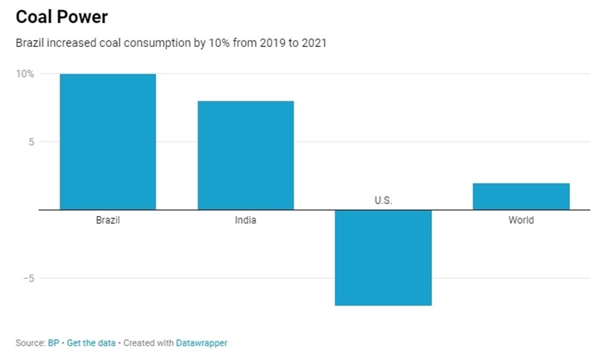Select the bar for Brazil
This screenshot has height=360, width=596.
[x=108, y=142]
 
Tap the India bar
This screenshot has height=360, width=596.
[x=246, y=155]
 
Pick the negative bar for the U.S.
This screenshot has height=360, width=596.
[x=383, y=257]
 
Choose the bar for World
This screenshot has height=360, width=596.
[x=521, y=196]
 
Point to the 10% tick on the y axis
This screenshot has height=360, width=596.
[x=25, y=74]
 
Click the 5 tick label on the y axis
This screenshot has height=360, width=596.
[x=31, y=142]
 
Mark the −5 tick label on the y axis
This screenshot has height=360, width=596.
[x=28, y=278]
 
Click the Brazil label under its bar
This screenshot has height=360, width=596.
[x=108, y=221]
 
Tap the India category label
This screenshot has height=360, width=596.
[x=246, y=221]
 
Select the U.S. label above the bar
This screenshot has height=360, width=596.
[x=383, y=200]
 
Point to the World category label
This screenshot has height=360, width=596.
[x=521, y=221]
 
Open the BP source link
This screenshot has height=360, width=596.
[x=54, y=343]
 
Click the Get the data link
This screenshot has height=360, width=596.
[x=91, y=343]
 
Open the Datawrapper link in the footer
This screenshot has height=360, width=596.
[x=202, y=343]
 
